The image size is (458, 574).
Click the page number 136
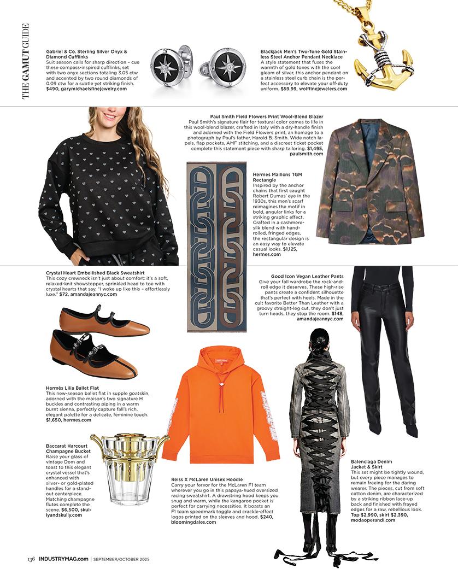32,559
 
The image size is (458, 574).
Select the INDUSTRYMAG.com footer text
63,559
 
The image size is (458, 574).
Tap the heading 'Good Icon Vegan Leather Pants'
307,277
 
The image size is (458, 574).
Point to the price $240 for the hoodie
266,517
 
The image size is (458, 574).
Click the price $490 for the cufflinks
52,89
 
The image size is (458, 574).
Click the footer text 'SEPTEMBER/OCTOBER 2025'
121,559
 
